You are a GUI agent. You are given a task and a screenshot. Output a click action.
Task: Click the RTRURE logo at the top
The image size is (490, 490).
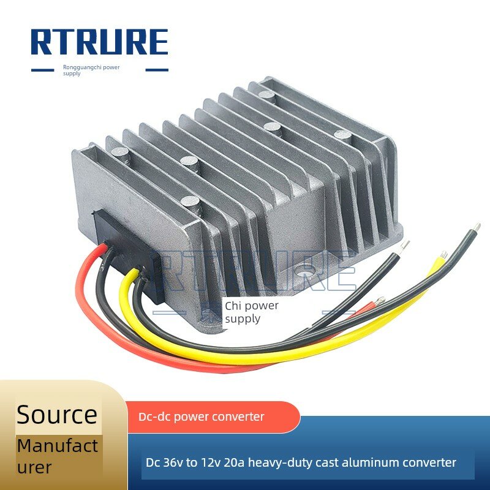click(99, 42)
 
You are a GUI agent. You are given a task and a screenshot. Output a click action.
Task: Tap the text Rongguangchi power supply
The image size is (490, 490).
click(91, 70)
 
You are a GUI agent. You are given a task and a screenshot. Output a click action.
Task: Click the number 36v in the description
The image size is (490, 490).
click(173, 462)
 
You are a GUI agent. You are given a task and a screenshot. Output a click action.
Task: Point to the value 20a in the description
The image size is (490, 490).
click(234, 462)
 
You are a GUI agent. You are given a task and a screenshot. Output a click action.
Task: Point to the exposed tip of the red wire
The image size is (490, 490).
click(380, 300)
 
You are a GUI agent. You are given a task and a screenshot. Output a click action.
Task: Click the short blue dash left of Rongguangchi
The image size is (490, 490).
click(42, 70)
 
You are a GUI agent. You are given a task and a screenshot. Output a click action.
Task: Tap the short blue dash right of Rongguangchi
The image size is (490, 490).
click(157, 70)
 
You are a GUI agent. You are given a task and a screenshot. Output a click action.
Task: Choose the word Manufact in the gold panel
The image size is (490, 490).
click(58, 446)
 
